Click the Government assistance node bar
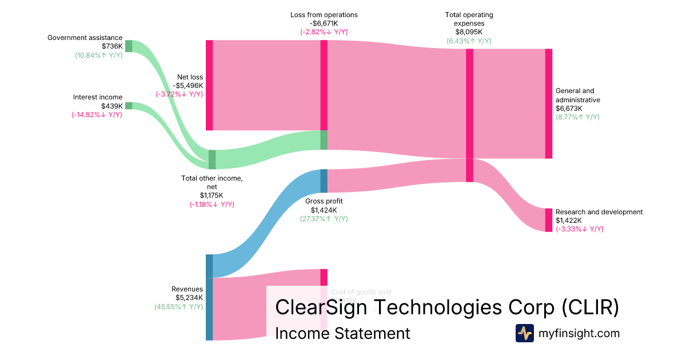(x=129, y=46)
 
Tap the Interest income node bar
(x=129, y=106)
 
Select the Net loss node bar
(x=209, y=85)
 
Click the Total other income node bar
(x=212, y=159)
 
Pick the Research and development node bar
(x=549, y=220)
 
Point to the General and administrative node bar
(x=549, y=103)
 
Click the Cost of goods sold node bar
(x=324, y=277)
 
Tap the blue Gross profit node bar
(x=324, y=181)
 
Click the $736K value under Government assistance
(x=112, y=46)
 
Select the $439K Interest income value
(x=111, y=106)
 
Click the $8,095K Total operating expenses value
(x=469, y=32)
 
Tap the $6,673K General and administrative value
(x=569, y=108)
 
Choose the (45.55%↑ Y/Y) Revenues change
(x=178, y=306)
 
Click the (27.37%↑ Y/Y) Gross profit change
(x=324, y=218)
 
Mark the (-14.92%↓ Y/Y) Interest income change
(x=97, y=114)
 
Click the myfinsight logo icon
(x=525, y=333)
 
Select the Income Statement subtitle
(x=342, y=333)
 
